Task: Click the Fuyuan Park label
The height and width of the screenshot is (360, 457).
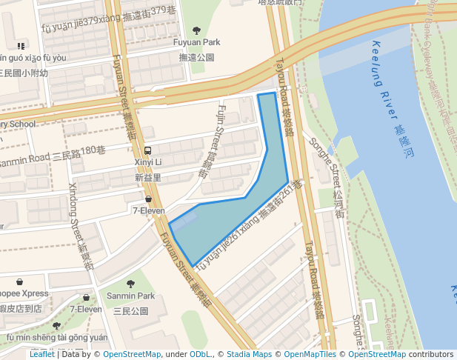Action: pyautogui.click(x=197, y=43)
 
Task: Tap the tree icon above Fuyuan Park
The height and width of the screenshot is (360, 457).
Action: pyautogui.click(x=196, y=30)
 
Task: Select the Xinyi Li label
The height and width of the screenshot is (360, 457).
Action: pyautogui.click(x=148, y=162)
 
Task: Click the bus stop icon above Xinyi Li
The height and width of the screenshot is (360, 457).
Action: pyautogui.click(x=148, y=150)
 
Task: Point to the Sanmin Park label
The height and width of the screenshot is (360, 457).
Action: pyautogui.click(x=130, y=296)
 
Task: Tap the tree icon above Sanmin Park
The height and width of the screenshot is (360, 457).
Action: pyautogui.click(x=130, y=284)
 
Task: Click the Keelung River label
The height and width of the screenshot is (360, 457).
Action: pyautogui.click(x=385, y=74)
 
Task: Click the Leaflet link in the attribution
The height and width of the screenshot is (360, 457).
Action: pyautogui.click(x=41, y=355)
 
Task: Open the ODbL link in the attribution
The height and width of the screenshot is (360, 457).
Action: pyautogui.click(x=201, y=355)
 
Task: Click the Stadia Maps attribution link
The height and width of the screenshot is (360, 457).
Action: pyautogui.click(x=249, y=355)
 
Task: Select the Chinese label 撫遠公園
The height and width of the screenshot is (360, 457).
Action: pyautogui.click(x=197, y=57)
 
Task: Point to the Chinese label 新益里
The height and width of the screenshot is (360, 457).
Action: pyautogui.click(x=148, y=178)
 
